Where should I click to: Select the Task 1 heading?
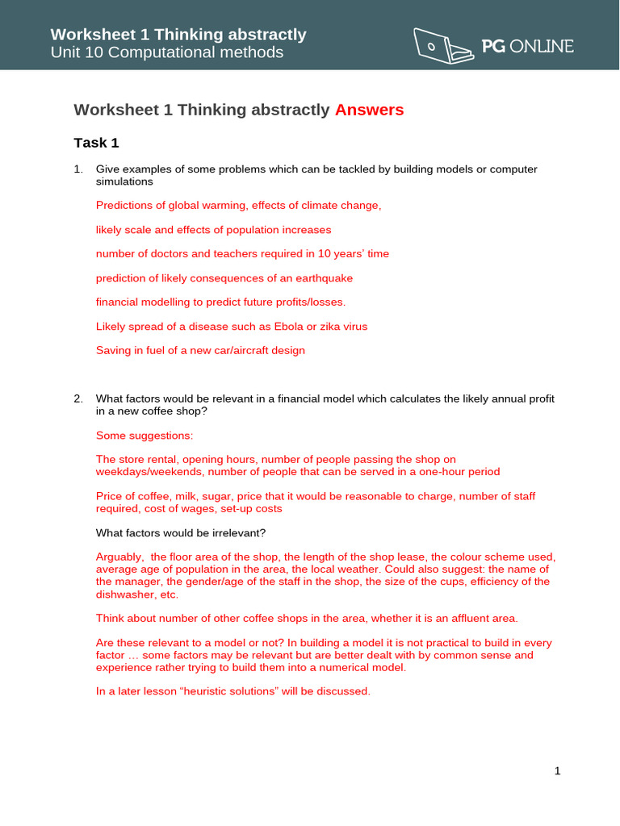pyautogui.click(x=96, y=143)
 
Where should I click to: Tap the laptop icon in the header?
pyautogui.click(x=444, y=45)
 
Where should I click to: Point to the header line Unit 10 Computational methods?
pyautogui.click(x=166, y=52)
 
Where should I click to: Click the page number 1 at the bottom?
pyautogui.click(x=557, y=771)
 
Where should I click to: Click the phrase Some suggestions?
pyautogui.click(x=145, y=436)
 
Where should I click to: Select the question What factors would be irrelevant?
pyautogui.click(x=181, y=532)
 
